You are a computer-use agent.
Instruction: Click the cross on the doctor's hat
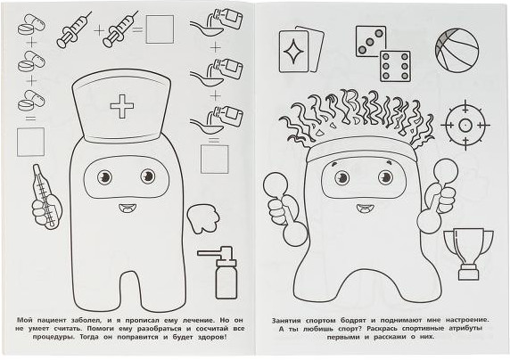[122, 106]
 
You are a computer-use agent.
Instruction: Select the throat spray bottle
[220, 273]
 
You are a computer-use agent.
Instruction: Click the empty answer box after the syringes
[160, 29]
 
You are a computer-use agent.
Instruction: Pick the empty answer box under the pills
[30, 142]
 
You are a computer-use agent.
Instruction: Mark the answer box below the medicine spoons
[214, 159]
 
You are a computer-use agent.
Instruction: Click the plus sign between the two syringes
[99, 30]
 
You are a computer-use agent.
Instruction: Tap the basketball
[457, 49]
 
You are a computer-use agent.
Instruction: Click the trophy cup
[468, 254]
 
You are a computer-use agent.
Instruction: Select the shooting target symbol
[465, 125]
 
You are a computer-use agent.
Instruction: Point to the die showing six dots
[395, 66]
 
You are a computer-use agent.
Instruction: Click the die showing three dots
[371, 41]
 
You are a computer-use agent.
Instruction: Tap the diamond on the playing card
[293, 51]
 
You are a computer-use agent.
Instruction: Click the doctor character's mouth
[126, 208]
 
